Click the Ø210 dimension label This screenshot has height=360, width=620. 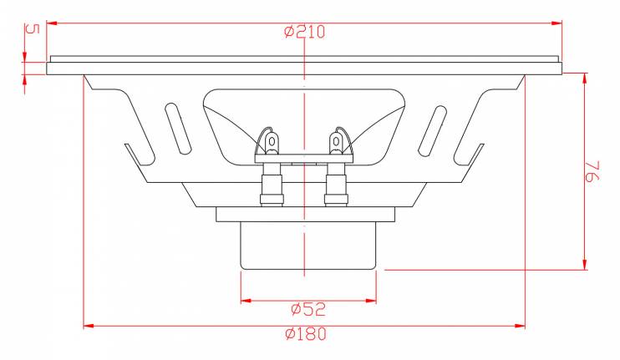pos(304,32)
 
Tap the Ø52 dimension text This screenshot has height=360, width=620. pos(308,309)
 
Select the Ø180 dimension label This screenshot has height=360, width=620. pos(306,334)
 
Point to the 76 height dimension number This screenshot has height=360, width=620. pos(592,170)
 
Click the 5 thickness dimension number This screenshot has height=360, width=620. pos(33,29)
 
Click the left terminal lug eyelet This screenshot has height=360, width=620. pos(272,141)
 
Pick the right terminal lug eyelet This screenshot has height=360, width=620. pos(336,141)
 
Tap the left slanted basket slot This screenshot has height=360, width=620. pos(178,128)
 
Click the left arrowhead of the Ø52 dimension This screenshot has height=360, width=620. pos(246,301)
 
